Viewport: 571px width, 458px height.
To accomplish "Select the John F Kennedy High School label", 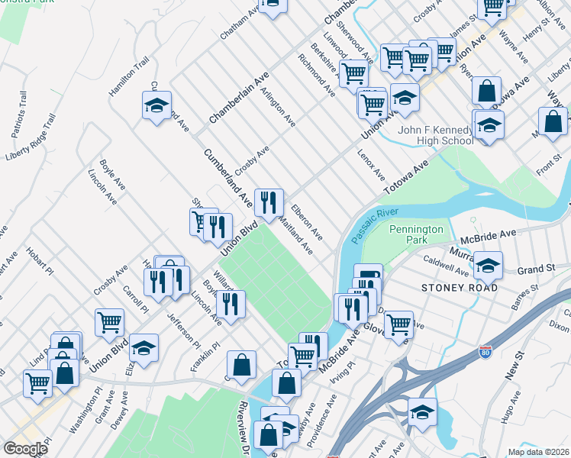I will pyautogui.click(x=436, y=135).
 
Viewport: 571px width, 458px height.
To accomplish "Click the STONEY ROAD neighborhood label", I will pyautogui.click(x=460, y=288).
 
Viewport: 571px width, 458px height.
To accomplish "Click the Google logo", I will pyautogui.click(x=25, y=449).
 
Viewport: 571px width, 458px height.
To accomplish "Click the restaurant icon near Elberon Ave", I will pyautogui.click(x=269, y=203).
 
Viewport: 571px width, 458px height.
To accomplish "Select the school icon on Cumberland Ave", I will pyautogui.click(x=157, y=105).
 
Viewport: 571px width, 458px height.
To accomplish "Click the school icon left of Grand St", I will pyautogui.click(x=488, y=266).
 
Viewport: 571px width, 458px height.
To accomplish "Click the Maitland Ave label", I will pyautogui.click(x=296, y=237).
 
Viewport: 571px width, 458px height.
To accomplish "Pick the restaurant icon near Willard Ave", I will pyautogui.click(x=231, y=304).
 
